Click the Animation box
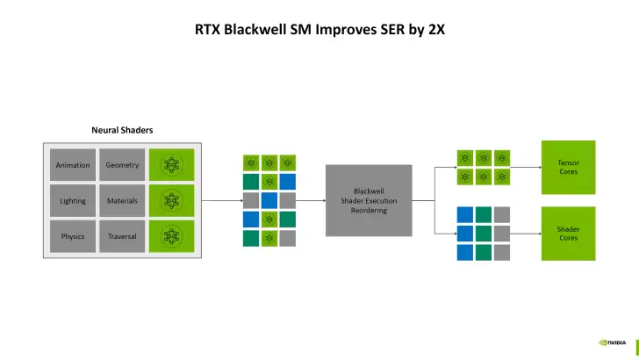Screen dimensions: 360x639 73,165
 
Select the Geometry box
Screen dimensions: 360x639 122,165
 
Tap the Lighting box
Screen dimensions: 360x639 73,201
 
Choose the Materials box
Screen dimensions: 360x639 122,201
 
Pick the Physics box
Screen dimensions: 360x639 73,237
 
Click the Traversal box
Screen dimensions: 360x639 122,237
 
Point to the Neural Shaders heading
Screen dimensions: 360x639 122,130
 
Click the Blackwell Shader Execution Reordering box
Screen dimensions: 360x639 369,200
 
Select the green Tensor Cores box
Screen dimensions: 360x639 568,167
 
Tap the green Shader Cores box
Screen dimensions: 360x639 568,234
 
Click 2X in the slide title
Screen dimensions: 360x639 435,29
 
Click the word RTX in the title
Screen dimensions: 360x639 208,29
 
